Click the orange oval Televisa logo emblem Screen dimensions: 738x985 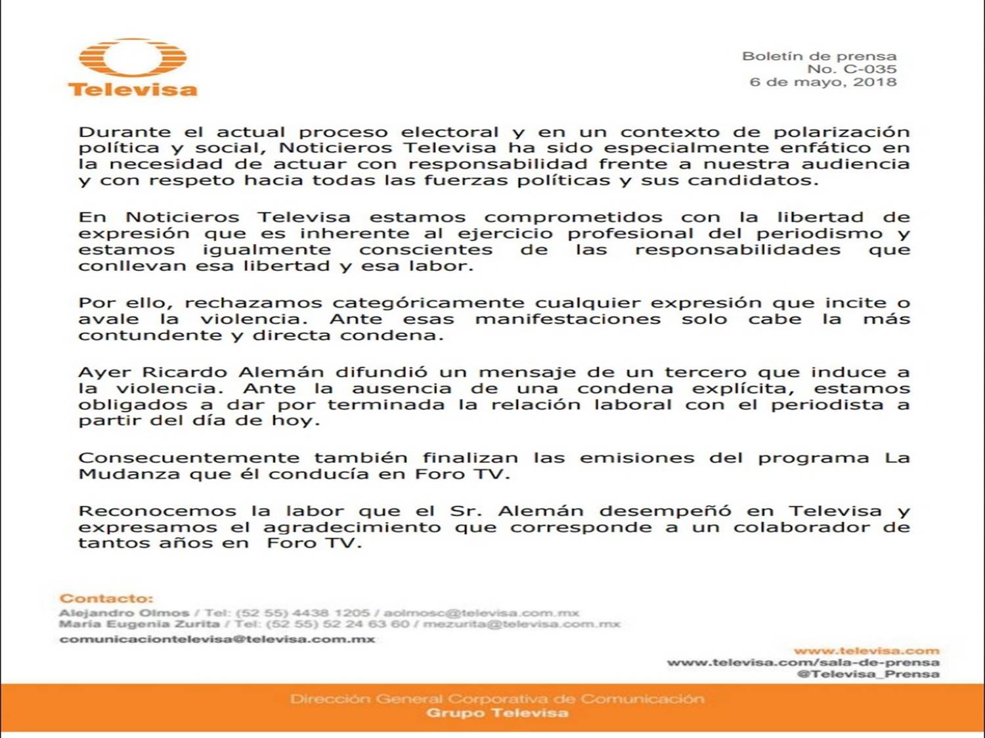pyautogui.click(x=133, y=58)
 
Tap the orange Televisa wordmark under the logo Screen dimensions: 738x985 pyautogui.click(x=133, y=89)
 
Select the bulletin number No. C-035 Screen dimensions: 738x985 pyautogui.click(x=852, y=69)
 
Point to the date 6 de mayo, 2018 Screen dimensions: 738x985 pyautogui.click(x=823, y=82)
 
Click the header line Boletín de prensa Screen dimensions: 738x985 pyautogui.click(x=819, y=56)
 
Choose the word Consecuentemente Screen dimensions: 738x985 pyautogui.click(x=188, y=458)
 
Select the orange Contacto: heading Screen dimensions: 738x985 pyautogui.click(x=106, y=598)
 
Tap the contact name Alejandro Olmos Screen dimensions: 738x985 pyautogui.click(x=123, y=613)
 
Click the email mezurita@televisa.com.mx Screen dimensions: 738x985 pyautogui.click(x=521, y=624)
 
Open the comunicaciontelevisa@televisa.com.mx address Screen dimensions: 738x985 pyautogui.click(x=217, y=639)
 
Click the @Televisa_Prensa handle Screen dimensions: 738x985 pyautogui.click(x=867, y=674)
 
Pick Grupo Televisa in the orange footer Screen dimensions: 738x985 pyautogui.click(x=497, y=713)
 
